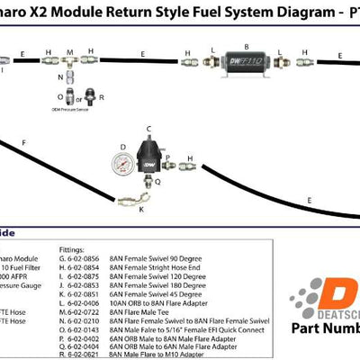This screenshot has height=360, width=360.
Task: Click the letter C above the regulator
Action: (148, 129)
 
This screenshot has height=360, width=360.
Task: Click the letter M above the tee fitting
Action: (68, 52)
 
